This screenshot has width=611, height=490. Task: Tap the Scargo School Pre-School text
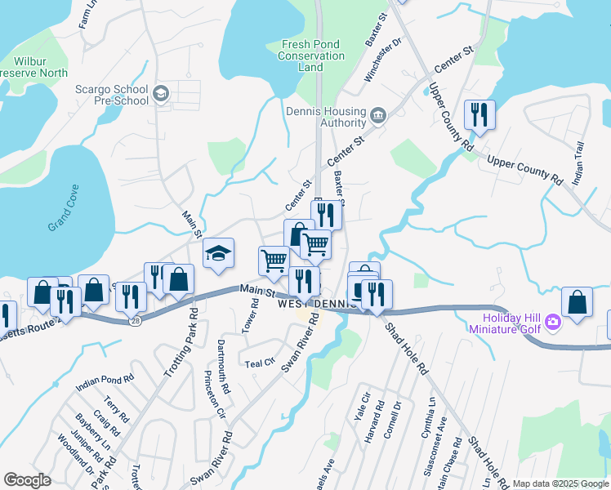112,95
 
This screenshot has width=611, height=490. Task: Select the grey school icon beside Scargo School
161,94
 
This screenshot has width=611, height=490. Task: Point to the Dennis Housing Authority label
326,117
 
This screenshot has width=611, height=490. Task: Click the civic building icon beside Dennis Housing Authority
377,115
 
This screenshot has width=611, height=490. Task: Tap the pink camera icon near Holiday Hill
553,322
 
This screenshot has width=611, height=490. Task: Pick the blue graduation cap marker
218,253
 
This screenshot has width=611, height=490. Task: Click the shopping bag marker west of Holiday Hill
578,301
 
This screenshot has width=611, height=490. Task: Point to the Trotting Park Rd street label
181,341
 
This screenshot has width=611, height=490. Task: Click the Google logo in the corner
28,480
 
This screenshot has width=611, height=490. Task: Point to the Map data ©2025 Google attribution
560,483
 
